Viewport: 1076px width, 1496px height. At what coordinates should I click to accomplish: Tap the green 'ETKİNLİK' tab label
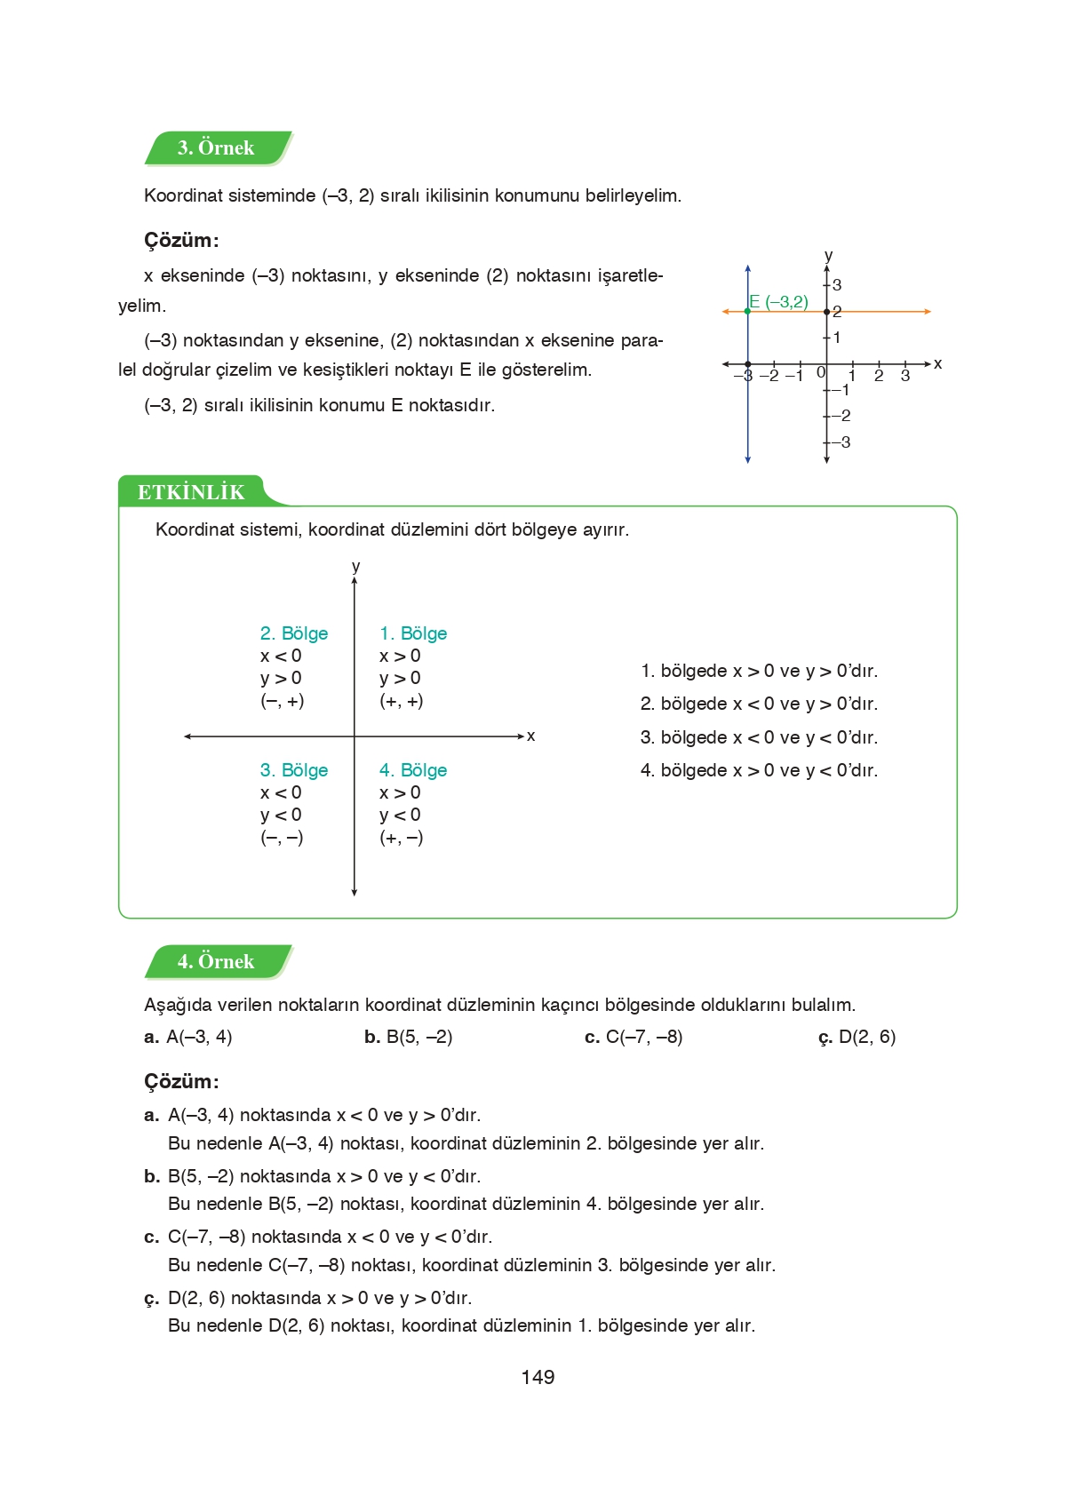191,492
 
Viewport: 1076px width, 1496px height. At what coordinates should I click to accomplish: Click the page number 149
538,1377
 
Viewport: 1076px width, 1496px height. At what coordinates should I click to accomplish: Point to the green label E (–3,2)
779,302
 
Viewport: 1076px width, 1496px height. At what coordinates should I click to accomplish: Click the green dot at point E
747,311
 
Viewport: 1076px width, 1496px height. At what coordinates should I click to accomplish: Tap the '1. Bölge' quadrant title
413,633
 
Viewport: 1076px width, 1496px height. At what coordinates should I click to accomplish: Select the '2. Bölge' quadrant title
294,633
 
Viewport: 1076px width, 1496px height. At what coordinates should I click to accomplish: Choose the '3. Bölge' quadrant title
294,770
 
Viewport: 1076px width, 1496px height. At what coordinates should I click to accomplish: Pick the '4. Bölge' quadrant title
413,770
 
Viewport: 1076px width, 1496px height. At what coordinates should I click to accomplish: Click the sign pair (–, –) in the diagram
282,838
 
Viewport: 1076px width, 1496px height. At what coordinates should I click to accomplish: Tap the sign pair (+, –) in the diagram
401,838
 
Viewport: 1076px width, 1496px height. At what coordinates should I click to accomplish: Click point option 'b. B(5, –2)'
409,1037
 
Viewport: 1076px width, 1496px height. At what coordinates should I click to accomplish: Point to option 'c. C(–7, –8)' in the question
634,1037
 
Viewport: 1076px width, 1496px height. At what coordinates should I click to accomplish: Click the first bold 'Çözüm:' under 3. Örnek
181,241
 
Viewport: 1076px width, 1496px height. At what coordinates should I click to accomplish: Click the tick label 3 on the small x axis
905,376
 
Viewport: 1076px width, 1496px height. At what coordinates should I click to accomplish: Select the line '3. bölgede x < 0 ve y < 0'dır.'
759,737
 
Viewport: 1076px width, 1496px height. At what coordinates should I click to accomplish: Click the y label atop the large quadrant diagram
355,567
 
